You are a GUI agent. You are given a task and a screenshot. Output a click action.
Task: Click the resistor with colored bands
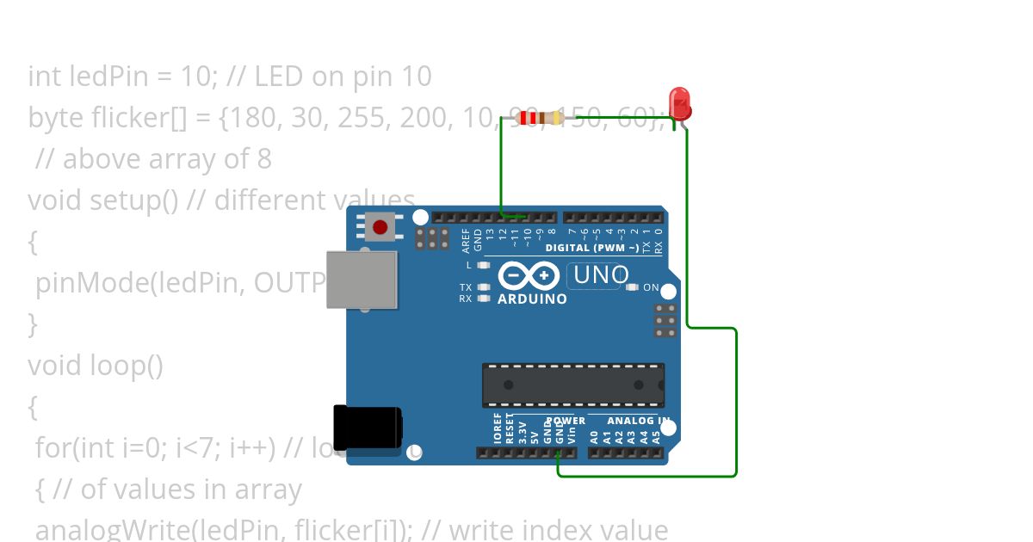(536, 118)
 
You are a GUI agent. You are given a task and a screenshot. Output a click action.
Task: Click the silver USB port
(362, 280)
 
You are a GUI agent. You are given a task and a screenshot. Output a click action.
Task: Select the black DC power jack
(367, 428)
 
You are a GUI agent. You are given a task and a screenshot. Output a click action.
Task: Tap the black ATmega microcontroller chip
(572, 385)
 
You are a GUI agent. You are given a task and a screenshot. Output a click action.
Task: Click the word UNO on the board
(600, 275)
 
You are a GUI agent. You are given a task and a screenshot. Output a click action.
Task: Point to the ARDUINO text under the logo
(532, 299)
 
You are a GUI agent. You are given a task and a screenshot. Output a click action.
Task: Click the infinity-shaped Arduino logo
(529, 275)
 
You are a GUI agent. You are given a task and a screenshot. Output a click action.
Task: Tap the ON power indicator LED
(633, 287)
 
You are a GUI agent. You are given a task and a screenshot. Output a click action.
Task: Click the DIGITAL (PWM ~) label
(592, 248)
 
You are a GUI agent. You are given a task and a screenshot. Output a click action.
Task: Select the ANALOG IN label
(639, 421)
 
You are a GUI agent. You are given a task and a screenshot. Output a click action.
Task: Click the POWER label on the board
(566, 421)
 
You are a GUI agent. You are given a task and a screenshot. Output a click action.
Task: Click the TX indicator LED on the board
(483, 286)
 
